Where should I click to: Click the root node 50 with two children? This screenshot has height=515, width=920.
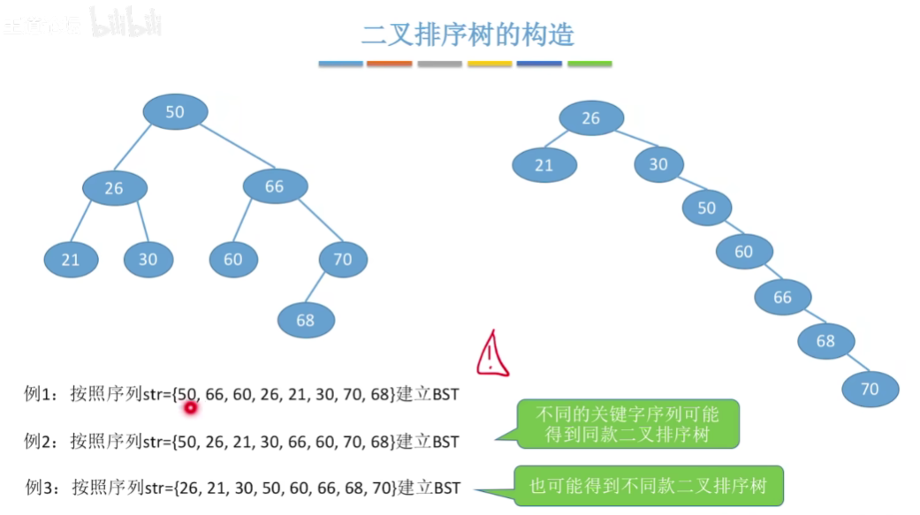(175, 111)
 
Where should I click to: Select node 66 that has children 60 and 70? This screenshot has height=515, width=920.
(275, 186)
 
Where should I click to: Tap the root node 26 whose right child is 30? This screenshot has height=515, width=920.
(590, 118)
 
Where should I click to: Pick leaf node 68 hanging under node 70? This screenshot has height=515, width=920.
(306, 320)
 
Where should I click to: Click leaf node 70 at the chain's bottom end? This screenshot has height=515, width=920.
(870, 388)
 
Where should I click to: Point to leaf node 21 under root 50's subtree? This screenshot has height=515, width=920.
(71, 260)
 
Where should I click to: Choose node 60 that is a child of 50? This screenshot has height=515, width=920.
(743, 252)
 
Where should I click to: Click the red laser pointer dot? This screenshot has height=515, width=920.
(189, 407)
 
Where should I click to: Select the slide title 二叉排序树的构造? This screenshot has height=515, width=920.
(468, 34)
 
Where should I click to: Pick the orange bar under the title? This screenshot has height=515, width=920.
(389, 64)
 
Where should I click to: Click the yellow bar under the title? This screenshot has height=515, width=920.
(490, 64)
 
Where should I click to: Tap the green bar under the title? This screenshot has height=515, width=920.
(589, 64)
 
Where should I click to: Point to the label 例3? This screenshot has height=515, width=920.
(41, 487)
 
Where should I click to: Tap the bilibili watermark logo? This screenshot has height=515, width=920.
(126, 25)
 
